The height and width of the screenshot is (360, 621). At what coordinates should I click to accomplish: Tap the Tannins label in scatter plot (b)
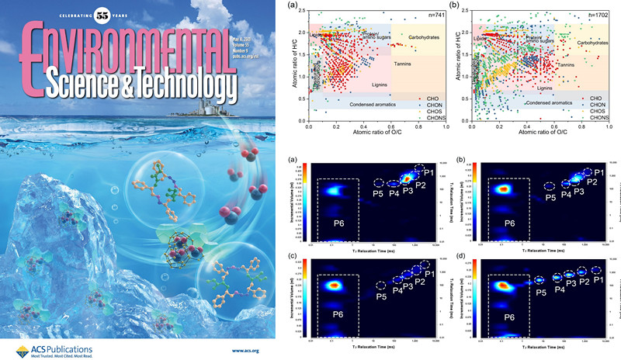567,65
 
